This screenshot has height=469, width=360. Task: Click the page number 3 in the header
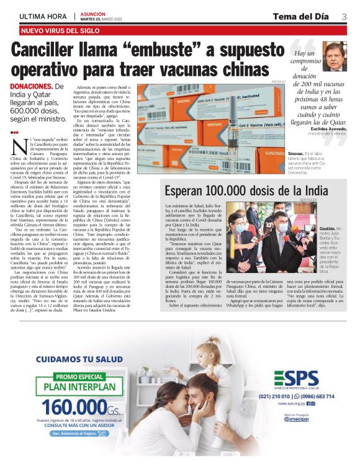[344, 16]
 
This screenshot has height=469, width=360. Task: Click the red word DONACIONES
[31, 86]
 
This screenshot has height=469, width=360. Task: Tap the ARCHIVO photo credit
[277, 82]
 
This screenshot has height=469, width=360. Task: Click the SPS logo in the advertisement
[297, 378]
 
